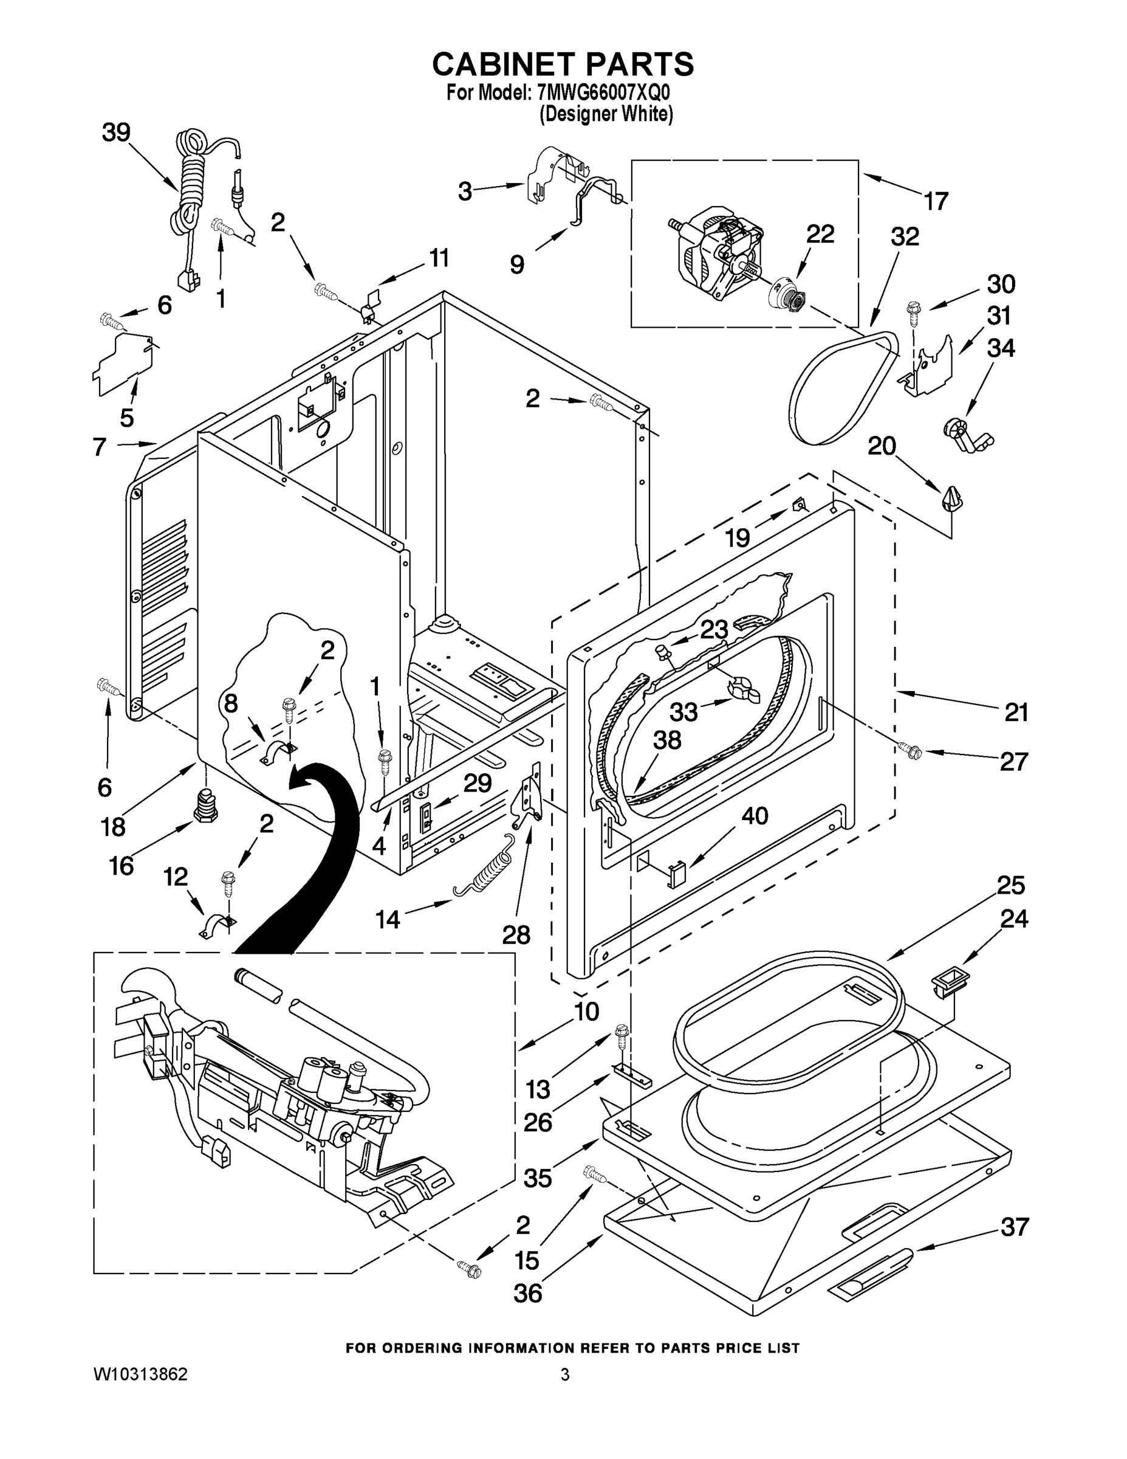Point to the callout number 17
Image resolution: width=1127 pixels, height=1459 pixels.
(936, 201)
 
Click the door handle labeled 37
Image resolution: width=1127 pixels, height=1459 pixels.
(868, 1272)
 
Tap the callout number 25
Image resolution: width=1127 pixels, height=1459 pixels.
(1011, 885)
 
